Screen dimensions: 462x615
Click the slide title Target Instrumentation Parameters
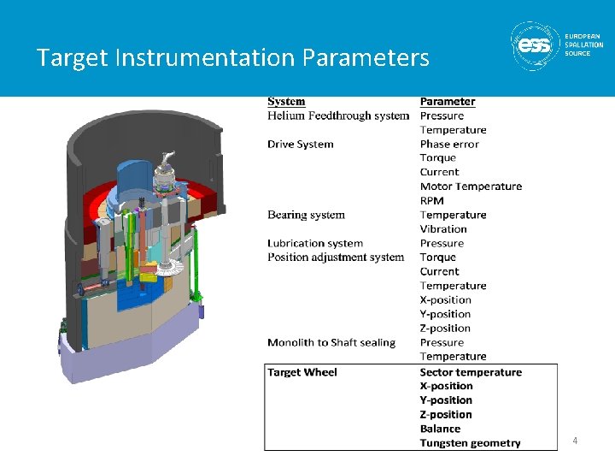pyautogui.click(x=232, y=58)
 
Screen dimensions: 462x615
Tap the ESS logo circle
pyautogui.click(x=535, y=44)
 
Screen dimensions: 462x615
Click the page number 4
pyautogui.click(x=575, y=441)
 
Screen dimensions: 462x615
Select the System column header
pyautogui.click(x=286, y=102)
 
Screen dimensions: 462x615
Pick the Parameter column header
pyautogui.click(x=448, y=102)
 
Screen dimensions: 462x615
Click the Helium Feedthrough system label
pyautogui.click(x=338, y=115)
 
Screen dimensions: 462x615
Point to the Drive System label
pyautogui.click(x=301, y=144)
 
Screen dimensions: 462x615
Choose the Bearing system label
pyautogui.click(x=306, y=215)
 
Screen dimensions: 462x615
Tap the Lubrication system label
pyautogui.click(x=315, y=243)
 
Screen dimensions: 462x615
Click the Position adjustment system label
pyautogui.click(x=336, y=257)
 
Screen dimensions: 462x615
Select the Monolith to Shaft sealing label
pyautogui.click(x=331, y=342)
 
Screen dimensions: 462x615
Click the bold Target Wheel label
pyautogui.click(x=302, y=372)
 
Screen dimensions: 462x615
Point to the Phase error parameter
pyautogui.click(x=449, y=144)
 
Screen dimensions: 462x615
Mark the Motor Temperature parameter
pyautogui.click(x=471, y=187)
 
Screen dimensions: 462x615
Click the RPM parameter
pyautogui.click(x=432, y=200)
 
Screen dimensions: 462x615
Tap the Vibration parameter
pyautogui.click(x=443, y=228)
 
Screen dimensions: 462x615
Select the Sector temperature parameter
pyautogui.click(x=471, y=372)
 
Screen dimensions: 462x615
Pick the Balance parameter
pyautogui.click(x=440, y=429)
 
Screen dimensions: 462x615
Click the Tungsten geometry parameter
pyautogui.click(x=470, y=443)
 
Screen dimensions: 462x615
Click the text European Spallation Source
pyautogui.click(x=583, y=44)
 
